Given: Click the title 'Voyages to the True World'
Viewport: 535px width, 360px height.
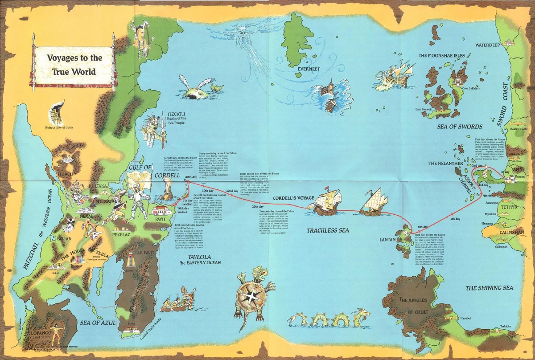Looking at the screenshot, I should [69, 65].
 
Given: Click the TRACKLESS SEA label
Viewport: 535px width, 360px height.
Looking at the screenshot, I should [328, 230].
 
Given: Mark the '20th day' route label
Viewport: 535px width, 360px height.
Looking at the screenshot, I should [258, 207].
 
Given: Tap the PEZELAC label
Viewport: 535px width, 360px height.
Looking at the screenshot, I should [121, 233].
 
